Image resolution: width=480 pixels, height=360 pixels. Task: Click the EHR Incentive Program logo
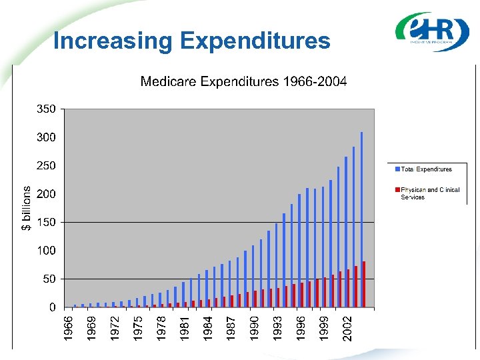(432, 31)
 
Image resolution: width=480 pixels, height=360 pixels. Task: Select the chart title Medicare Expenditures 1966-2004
(243, 82)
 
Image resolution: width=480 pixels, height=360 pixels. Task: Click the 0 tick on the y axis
(53, 307)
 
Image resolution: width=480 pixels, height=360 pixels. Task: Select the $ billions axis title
(26, 208)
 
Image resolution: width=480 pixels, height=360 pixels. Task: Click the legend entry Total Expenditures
(426, 169)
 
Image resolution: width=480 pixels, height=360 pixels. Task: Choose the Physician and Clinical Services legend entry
(430, 193)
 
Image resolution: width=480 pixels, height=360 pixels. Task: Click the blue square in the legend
(397, 169)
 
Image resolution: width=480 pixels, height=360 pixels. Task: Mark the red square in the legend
(397, 190)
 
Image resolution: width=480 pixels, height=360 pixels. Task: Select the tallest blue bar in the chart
(361, 220)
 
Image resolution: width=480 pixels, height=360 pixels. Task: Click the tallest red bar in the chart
(364, 285)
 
